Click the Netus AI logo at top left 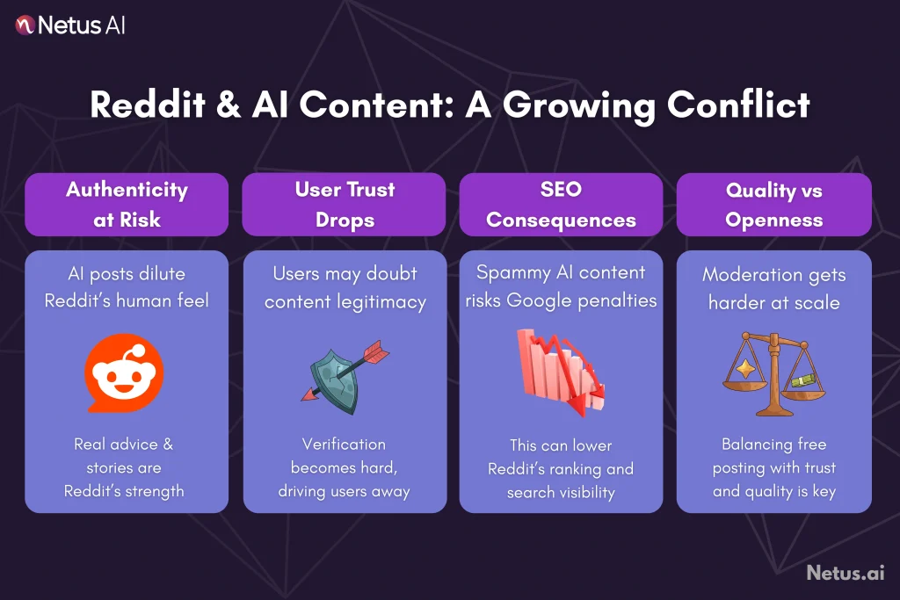(70, 25)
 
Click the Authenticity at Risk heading (127, 204)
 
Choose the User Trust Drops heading (345, 204)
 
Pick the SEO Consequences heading (561, 204)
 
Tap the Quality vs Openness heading (773, 204)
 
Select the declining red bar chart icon (559, 371)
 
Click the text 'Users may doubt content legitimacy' (345, 287)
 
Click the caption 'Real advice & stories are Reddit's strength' (124, 467)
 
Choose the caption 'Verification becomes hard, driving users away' (345, 467)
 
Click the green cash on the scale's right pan (802, 379)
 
